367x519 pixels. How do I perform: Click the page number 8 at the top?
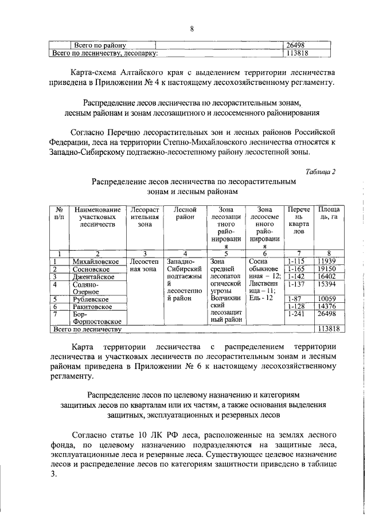(192, 29)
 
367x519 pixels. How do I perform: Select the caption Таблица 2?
(321, 171)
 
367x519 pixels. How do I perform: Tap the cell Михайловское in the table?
(96, 262)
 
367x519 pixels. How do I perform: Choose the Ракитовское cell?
(94, 307)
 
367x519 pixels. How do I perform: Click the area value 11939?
(327, 262)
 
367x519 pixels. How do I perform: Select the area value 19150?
(327, 269)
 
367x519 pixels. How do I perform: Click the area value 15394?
(327, 284)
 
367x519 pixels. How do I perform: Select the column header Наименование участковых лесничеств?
(97, 218)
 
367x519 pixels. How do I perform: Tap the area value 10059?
(327, 299)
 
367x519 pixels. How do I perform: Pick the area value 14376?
(327, 307)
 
